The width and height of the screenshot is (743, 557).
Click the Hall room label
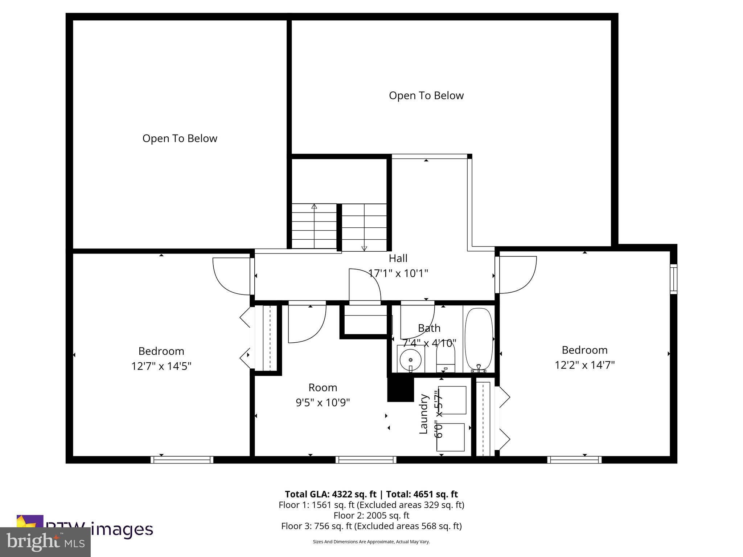click(398, 259)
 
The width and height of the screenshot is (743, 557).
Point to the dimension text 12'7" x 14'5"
click(161, 366)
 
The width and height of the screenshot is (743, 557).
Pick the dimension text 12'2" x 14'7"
click(584, 365)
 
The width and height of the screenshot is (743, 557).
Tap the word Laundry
click(424, 414)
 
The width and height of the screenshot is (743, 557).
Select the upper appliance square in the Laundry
click(452, 400)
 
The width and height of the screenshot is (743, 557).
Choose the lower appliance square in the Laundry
click(451, 437)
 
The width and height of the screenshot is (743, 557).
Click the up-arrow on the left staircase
click(314, 207)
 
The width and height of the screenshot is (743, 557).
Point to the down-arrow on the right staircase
click(364, 248)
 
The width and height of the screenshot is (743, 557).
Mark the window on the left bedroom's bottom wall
click(182, 460)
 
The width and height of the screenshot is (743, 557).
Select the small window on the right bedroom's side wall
click(673, 279)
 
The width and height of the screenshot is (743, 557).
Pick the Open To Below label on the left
click(180, 139)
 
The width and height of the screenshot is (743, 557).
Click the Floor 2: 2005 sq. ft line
click(371, 515)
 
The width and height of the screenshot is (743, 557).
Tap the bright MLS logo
click(45, 542)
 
